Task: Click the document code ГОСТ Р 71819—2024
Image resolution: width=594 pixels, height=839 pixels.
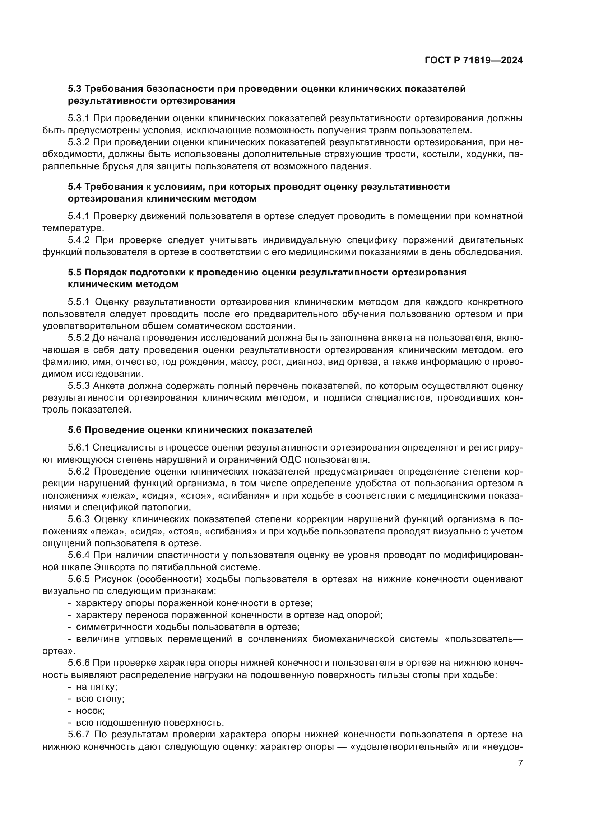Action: click(474, 61)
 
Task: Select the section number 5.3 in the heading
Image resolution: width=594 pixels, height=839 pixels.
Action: click(75, 89)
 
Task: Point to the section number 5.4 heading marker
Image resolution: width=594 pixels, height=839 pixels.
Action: click(75, 187)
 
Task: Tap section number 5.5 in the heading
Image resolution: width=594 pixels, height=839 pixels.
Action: click(75, 273)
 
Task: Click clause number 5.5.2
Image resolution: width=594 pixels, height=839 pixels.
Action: click(79, 338)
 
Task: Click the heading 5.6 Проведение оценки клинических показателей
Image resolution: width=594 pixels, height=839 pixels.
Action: click(190, 430)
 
